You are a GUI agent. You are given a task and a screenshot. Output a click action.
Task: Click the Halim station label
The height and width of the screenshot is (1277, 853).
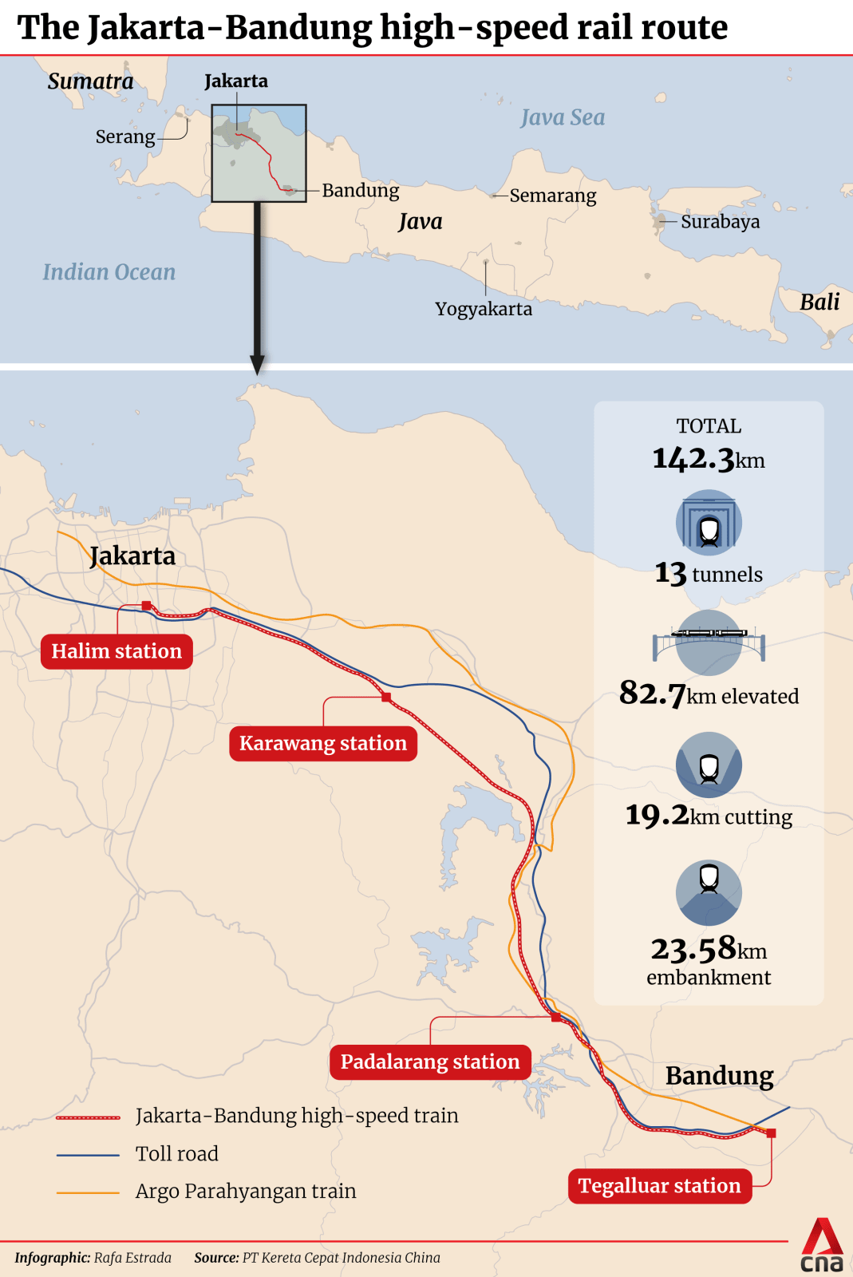(116, 651)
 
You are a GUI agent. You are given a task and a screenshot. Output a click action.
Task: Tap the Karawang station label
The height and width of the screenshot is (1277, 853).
(323, 743)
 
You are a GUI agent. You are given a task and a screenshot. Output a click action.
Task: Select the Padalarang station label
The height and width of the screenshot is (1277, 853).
(430, 1062)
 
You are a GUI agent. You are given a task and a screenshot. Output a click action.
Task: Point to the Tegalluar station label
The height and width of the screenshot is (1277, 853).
(660, 1185)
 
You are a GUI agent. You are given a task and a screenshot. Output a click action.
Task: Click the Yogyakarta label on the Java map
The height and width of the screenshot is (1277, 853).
(484, 309)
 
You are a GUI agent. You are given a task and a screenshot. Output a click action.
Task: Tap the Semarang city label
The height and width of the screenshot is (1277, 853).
(553, 196)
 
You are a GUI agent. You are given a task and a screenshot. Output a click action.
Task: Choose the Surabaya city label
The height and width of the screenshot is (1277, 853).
(720, 221)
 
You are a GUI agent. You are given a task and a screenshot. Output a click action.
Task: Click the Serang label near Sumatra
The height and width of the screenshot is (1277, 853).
(125, 136)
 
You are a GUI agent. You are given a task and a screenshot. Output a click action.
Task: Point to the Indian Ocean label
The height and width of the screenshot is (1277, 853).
(109, 272)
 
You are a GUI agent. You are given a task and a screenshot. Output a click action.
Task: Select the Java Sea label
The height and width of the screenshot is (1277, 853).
(563, 118)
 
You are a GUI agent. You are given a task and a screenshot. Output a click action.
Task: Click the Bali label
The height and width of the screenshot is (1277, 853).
(819, 302)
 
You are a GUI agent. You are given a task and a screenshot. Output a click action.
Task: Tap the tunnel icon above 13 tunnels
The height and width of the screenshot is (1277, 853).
(709, 523)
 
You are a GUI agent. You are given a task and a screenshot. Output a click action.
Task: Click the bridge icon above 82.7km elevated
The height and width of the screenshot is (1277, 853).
(709, 642)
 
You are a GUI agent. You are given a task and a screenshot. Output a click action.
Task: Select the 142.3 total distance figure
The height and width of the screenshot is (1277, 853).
(693, 459)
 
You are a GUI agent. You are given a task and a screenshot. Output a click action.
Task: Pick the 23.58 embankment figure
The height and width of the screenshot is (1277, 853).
(693, 949)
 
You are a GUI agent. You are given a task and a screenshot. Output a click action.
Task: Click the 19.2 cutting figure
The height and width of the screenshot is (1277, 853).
(657, 815)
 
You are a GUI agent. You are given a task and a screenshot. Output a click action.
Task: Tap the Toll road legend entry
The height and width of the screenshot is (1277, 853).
(176, 1153)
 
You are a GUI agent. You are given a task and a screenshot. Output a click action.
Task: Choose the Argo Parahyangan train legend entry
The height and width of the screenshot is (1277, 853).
(246, 1191)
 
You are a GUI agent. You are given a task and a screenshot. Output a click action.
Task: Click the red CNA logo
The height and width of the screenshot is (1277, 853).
(822, 1245)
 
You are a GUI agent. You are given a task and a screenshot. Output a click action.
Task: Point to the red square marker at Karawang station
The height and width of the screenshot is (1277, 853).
(386, 698)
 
